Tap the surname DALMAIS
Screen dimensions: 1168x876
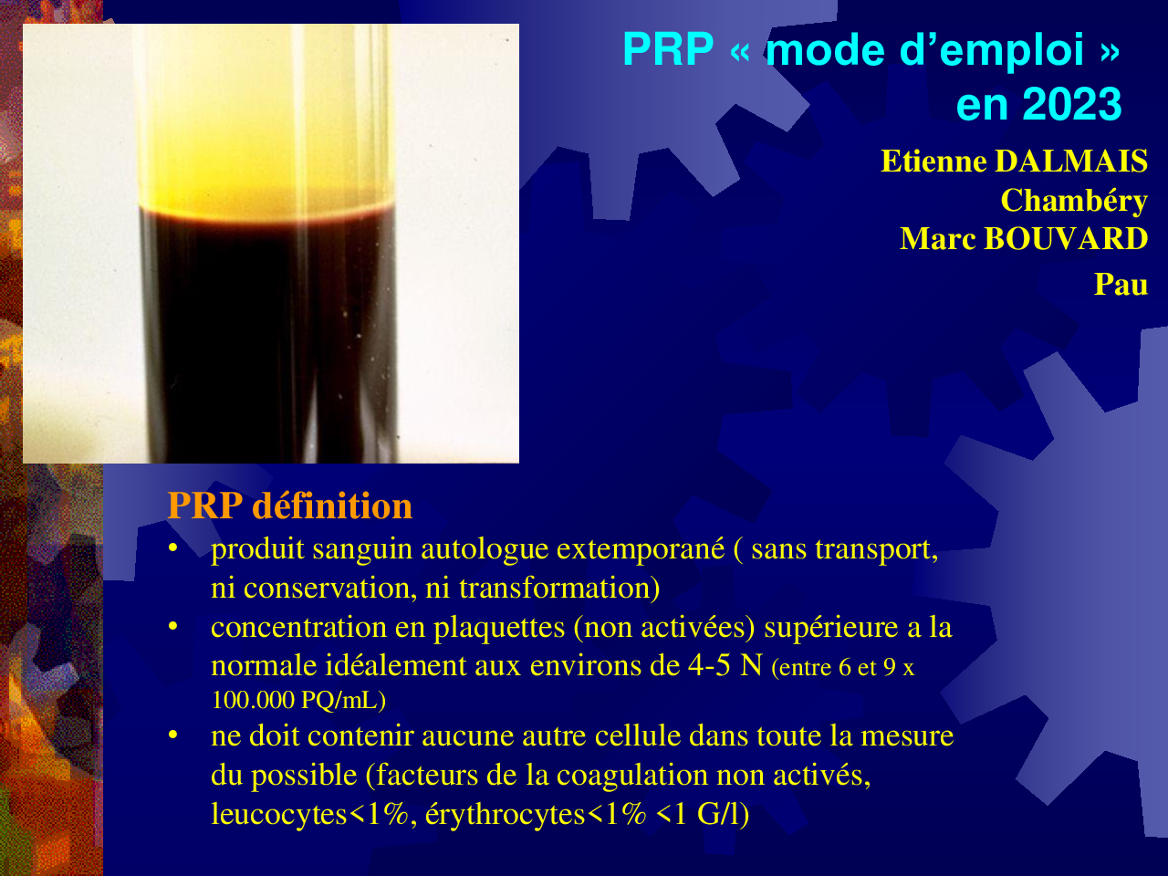coord(1071,161)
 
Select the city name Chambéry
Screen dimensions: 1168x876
coord(1074,201)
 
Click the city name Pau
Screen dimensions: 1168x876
coord(1121,284)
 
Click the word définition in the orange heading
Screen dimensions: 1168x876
coord(332,506)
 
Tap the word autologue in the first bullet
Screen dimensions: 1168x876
coord(485,551)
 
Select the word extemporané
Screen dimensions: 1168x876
coord(641,551)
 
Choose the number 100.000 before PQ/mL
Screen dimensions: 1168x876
coord(253,700)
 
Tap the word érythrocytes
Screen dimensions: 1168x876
coord(505,815)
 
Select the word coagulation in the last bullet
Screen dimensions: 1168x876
coord(632,777)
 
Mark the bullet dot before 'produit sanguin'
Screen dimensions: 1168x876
coord(173,547)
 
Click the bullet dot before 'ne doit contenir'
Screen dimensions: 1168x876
coord(173,735)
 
